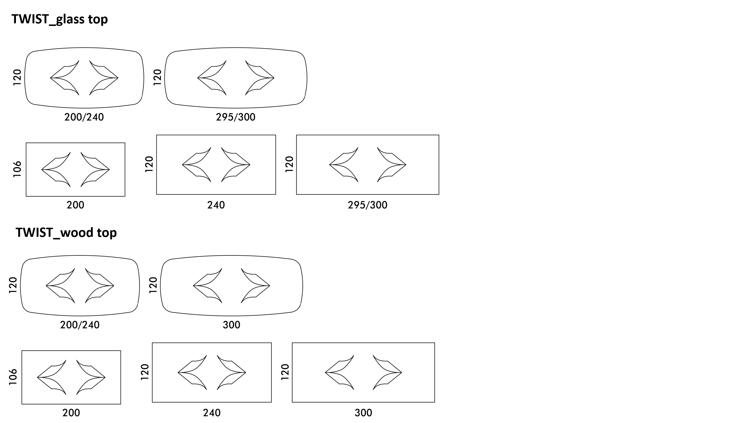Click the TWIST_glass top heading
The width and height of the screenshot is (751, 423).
click(x=59, y=19)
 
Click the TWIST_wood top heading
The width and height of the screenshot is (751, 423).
click(x=66, y=233)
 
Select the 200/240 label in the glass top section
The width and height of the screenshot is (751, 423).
click(x=84, y=117)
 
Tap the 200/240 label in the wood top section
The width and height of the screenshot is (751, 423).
click(x=80, y=325)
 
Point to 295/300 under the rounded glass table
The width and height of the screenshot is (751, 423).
click(x=236, y=117)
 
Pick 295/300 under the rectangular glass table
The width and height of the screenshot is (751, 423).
click(x=368, y=205)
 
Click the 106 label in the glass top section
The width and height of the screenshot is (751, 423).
click(x=17, y=169)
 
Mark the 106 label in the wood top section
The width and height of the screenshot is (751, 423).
click(x=13, y=377)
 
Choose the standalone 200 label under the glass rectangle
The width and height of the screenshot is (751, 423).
click(x=75, y=205)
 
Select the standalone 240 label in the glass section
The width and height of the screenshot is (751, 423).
click(x=216, y=205)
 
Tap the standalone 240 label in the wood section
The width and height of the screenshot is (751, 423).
click(x=212, y=413)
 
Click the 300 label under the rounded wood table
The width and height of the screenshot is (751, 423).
click(x=232, y=325)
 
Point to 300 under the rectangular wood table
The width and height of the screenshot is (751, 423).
click(x=363, y=413)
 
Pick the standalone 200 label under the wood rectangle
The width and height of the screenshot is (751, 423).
click(x=71, y=413)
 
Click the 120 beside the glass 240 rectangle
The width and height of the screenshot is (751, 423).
click(x=149, y=164)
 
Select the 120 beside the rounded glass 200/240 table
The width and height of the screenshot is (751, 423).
click(x=17, y=77)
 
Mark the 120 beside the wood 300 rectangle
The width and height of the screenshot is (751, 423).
click(x=285, y=372)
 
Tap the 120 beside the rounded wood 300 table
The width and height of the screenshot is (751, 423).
click(x=153, y=285)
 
